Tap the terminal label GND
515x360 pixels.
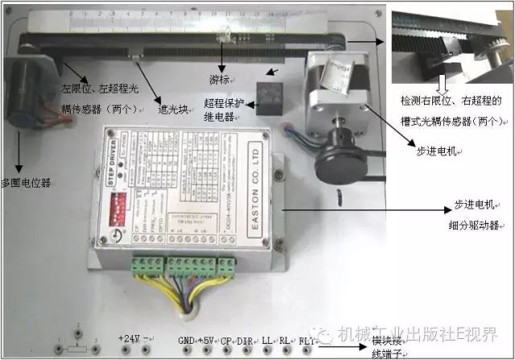pos(186,339)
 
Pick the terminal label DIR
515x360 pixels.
pos(245,339)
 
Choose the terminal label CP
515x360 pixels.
pos(226,339)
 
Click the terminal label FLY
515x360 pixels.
pos(307,339)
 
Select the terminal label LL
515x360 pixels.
pos(266,339)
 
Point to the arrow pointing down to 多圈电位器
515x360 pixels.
pos(19,153)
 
